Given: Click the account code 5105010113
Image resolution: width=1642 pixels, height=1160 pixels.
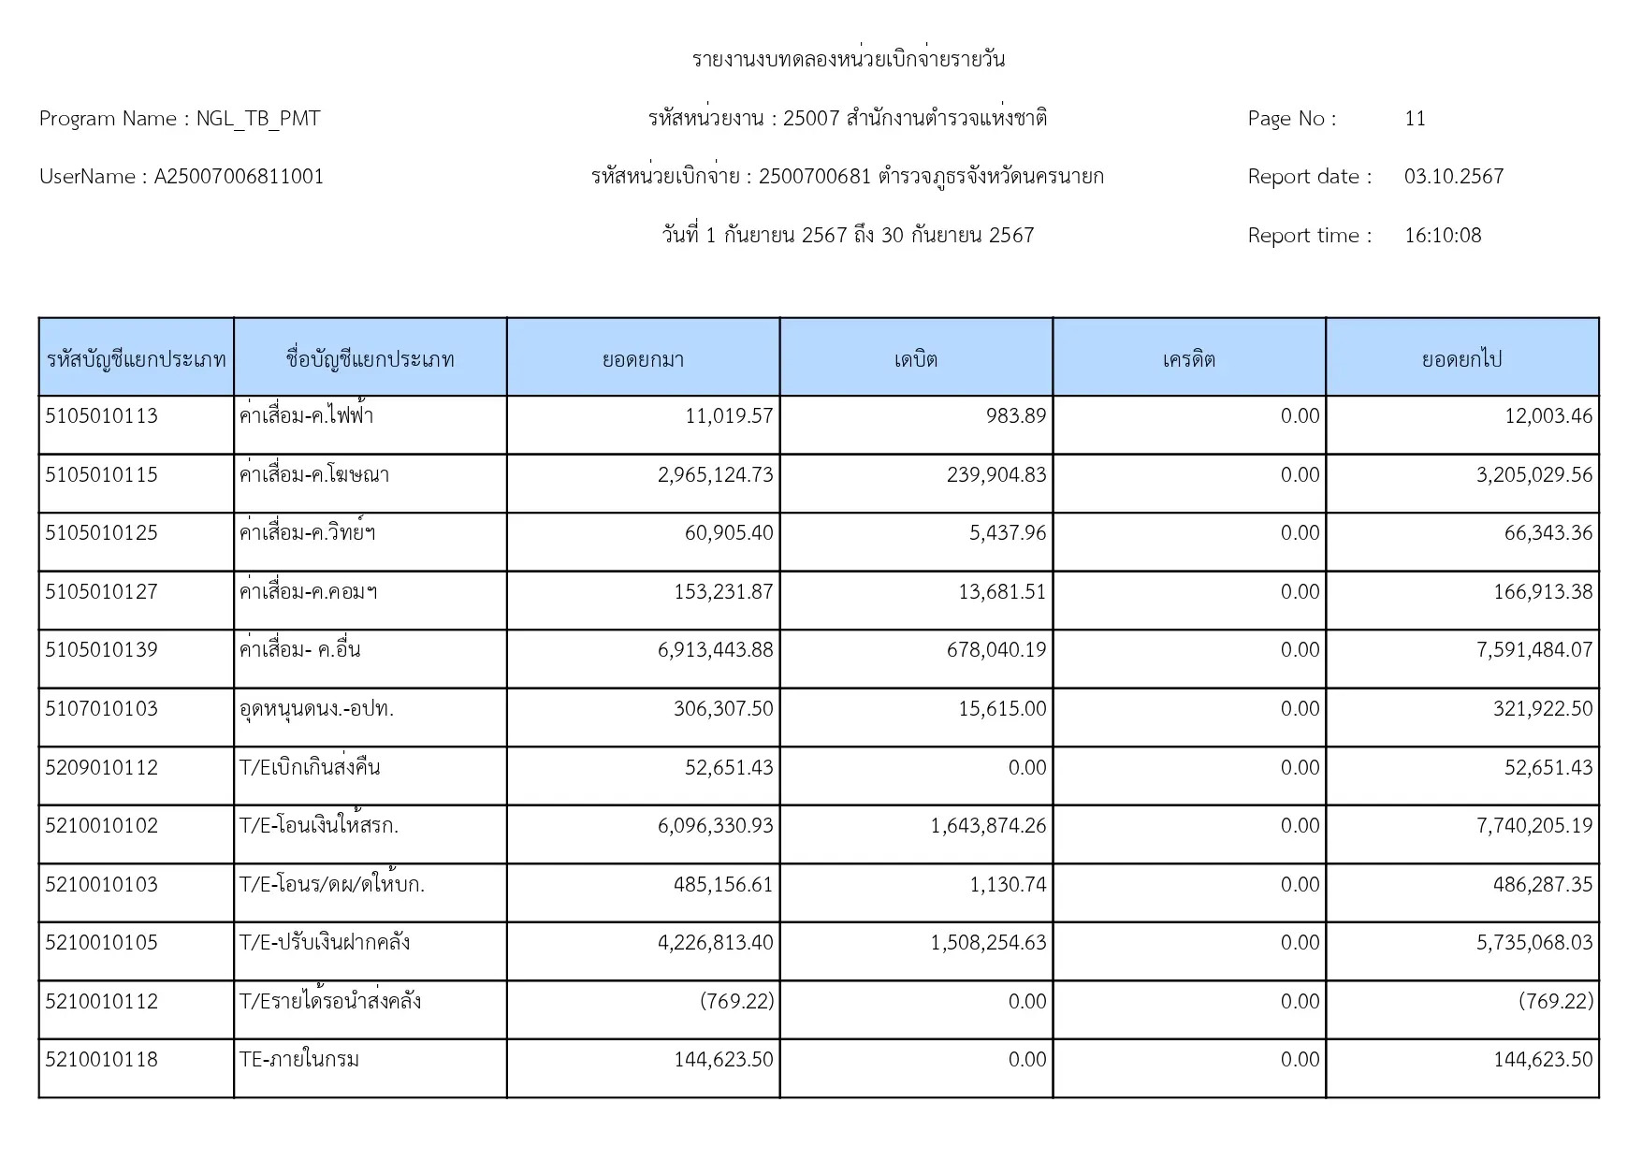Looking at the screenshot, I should tap(101, 416).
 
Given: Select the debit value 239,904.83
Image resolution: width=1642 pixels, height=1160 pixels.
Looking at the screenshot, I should tap(996, 475).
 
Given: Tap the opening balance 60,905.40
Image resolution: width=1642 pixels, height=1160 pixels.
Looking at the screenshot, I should tap(729, 533).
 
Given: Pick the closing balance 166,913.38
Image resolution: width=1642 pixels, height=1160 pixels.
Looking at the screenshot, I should tap(1543, 592).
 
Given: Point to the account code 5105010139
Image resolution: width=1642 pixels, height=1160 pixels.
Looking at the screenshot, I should tap(101, 650).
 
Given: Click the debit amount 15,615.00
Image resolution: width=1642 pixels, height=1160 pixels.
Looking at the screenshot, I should tap(1002, 709).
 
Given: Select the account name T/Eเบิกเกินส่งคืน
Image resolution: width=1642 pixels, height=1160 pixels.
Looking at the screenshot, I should tap(310, 768).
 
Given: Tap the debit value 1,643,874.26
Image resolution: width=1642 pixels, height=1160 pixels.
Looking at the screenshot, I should tap(988, 826).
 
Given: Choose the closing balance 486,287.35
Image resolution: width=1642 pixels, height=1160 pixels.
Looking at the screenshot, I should tap(1543, 885).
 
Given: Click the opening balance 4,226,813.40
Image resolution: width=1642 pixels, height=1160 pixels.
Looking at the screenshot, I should tap(716, 943).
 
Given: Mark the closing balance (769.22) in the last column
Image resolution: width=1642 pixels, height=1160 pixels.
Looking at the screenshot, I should tap(1555, 1002).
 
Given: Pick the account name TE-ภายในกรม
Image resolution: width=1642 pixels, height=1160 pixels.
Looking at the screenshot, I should tap(299, 1060).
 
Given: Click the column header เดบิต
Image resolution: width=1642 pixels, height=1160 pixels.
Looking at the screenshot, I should tap(915, 359).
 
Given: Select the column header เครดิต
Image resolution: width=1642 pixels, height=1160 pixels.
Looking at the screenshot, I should tap(1188, 359).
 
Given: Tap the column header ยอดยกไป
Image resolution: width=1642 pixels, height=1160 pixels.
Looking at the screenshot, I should tap(1461, 359).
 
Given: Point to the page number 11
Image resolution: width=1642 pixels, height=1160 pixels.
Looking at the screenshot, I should tap(1415, 119).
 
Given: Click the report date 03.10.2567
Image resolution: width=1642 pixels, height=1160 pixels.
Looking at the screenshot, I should tap(1453, 177).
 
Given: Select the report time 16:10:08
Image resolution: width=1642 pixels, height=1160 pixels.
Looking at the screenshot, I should tap(1443, 236).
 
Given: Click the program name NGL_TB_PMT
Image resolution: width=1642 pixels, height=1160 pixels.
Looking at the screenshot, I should tap(258, 119).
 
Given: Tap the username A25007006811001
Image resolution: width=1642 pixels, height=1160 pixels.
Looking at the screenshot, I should tap(239, 177).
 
